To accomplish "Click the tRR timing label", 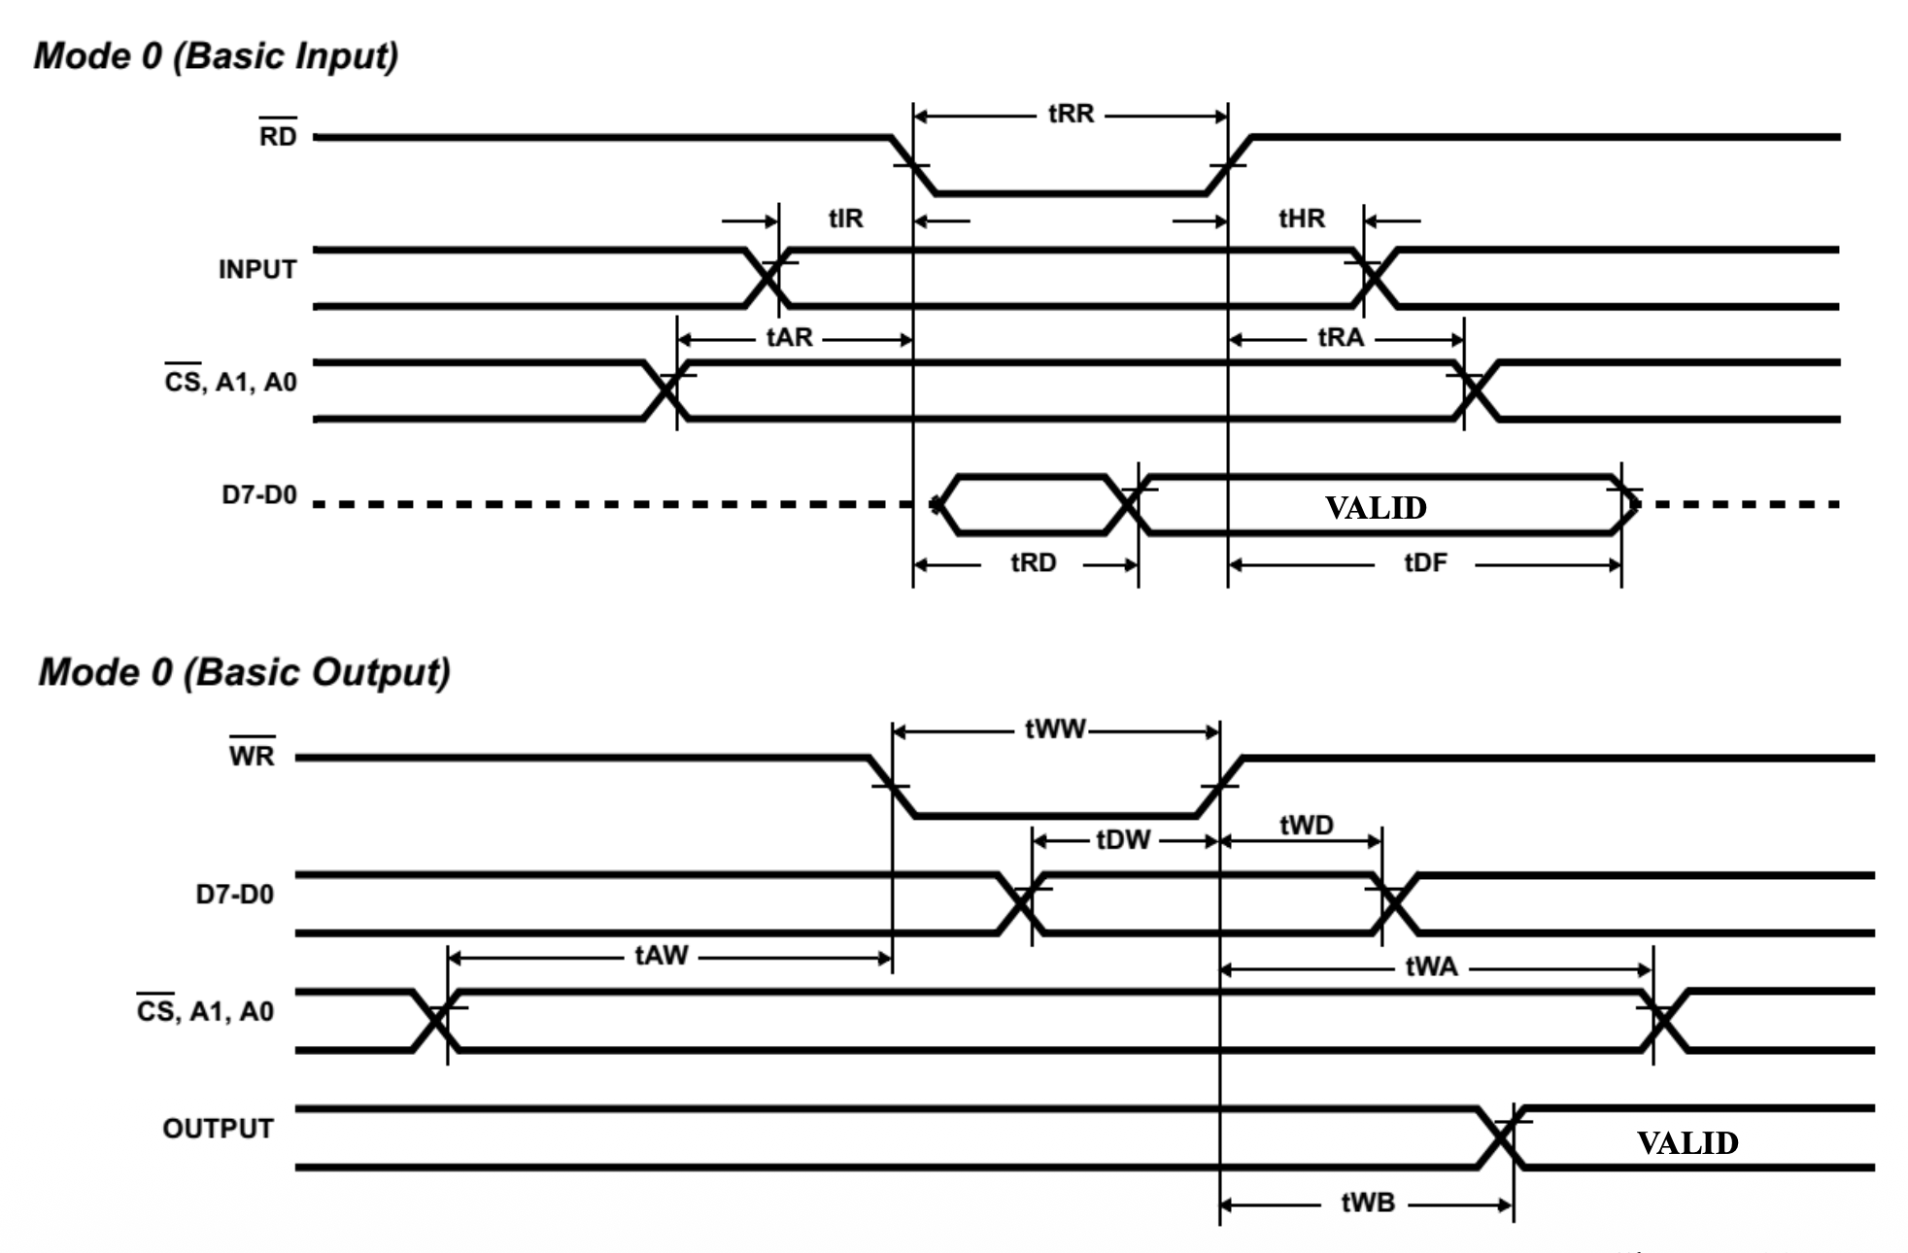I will tap(1071, 115).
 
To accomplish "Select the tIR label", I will tap(845, 219).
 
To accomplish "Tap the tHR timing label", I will tap(1301, 219).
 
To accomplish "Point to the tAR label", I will tap(789, 338).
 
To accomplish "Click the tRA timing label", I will tap(1341, 338).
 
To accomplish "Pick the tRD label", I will tap(1033, 563).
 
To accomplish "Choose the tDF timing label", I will tap(1425, 563).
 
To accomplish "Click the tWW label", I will tap(1055, 729).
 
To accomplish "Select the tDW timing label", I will tap(1123, 840).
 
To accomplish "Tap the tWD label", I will tap(1307, 826).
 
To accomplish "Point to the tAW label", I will tap(662, 956).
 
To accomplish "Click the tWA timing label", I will tap(1431, 967).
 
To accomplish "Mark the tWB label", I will tap(1368, 1203).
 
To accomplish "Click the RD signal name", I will tap(278, 136).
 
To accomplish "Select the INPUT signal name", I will tap(257, 270).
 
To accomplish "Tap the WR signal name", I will tap(252, 756).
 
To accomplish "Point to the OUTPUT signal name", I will tap(219, 1129).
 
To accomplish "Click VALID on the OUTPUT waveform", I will tap(1687, 1143).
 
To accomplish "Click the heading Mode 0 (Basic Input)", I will tap(216, 56).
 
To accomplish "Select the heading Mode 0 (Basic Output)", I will tap(244, 672).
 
